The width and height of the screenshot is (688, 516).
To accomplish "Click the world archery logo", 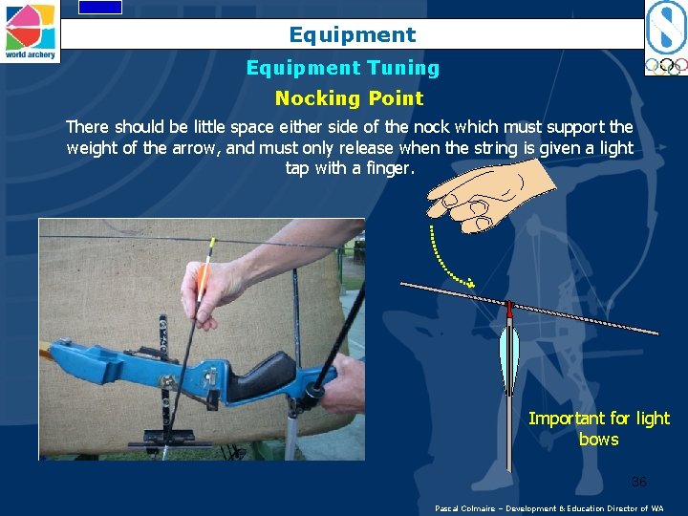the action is [30, 32].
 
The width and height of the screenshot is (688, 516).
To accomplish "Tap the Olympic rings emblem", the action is [667, 66].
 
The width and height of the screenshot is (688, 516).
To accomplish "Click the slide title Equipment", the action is [353, 34].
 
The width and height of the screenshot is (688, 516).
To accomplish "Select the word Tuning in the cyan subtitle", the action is [403, 68].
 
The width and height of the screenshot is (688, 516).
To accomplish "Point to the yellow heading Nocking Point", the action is [350, 98].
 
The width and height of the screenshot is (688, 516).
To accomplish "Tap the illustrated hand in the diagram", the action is [489, 195].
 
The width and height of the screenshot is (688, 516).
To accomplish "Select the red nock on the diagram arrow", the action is [509, 310].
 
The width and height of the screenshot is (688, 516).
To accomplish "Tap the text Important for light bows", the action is [599, 428].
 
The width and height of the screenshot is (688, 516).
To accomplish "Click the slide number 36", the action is [639, 482].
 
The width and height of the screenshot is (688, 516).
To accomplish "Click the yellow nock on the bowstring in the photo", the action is [212, 243].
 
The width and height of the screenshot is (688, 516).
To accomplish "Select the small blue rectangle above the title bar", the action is [100, 7].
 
